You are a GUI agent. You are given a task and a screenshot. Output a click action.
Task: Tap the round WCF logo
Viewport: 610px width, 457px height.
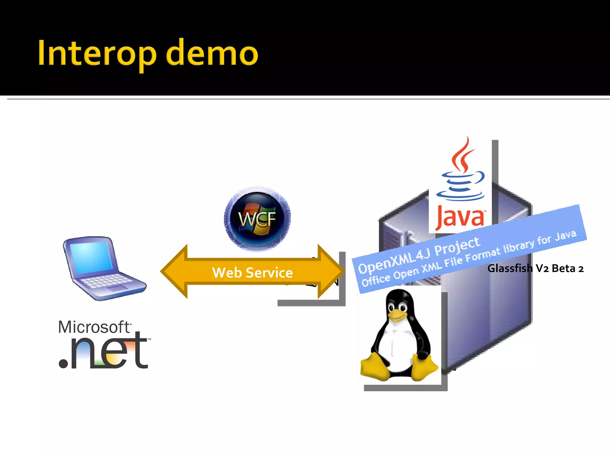[x=257, y=219]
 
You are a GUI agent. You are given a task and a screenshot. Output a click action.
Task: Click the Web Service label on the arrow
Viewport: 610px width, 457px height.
[x=252, y=273]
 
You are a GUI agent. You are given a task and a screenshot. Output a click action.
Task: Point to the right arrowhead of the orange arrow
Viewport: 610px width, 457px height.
[x=331, y=271]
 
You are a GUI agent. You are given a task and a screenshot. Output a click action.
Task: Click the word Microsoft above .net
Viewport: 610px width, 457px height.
[x=94, y=327]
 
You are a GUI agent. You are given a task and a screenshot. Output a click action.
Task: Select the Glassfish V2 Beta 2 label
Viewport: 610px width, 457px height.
[x=535, y=268]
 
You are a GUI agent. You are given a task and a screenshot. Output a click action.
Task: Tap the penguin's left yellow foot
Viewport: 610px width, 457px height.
[x=374, y=367]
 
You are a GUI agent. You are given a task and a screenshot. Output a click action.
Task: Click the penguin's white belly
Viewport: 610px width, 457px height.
[x=398, y=347]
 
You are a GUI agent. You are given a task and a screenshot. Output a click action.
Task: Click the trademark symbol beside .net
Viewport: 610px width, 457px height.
[x=149, y=339]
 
